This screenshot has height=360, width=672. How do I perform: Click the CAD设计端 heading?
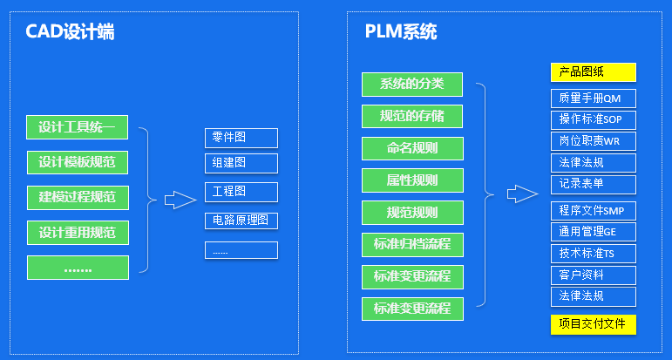[69, 33]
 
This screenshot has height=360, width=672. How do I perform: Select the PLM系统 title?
[401, 33]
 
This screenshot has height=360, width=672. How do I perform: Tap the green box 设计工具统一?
[78, 127]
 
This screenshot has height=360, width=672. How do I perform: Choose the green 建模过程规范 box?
[78, 197]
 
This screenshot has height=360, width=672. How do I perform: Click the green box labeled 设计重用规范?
[78, 233]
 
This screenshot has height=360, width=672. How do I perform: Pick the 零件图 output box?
[241, 138]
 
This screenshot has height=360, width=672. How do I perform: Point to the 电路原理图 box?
[241, 220]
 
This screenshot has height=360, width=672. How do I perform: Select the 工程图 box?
[241, 192]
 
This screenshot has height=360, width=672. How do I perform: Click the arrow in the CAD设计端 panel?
[180, 200]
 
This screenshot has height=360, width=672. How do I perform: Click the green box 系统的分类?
[412, 85]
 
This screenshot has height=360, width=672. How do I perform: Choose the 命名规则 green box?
[412, 148]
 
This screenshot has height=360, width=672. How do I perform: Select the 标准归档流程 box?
[412, 244]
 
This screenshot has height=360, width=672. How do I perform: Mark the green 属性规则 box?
[412, 180]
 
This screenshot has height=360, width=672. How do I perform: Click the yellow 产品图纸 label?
[594, 72]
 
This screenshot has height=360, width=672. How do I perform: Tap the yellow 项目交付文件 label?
[594, 324]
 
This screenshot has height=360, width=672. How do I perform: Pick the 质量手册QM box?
[594, 98]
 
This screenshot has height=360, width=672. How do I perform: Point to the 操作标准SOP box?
[594, 119]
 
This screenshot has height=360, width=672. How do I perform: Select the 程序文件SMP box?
[594, 210]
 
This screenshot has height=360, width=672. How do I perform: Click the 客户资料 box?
[594, 275]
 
